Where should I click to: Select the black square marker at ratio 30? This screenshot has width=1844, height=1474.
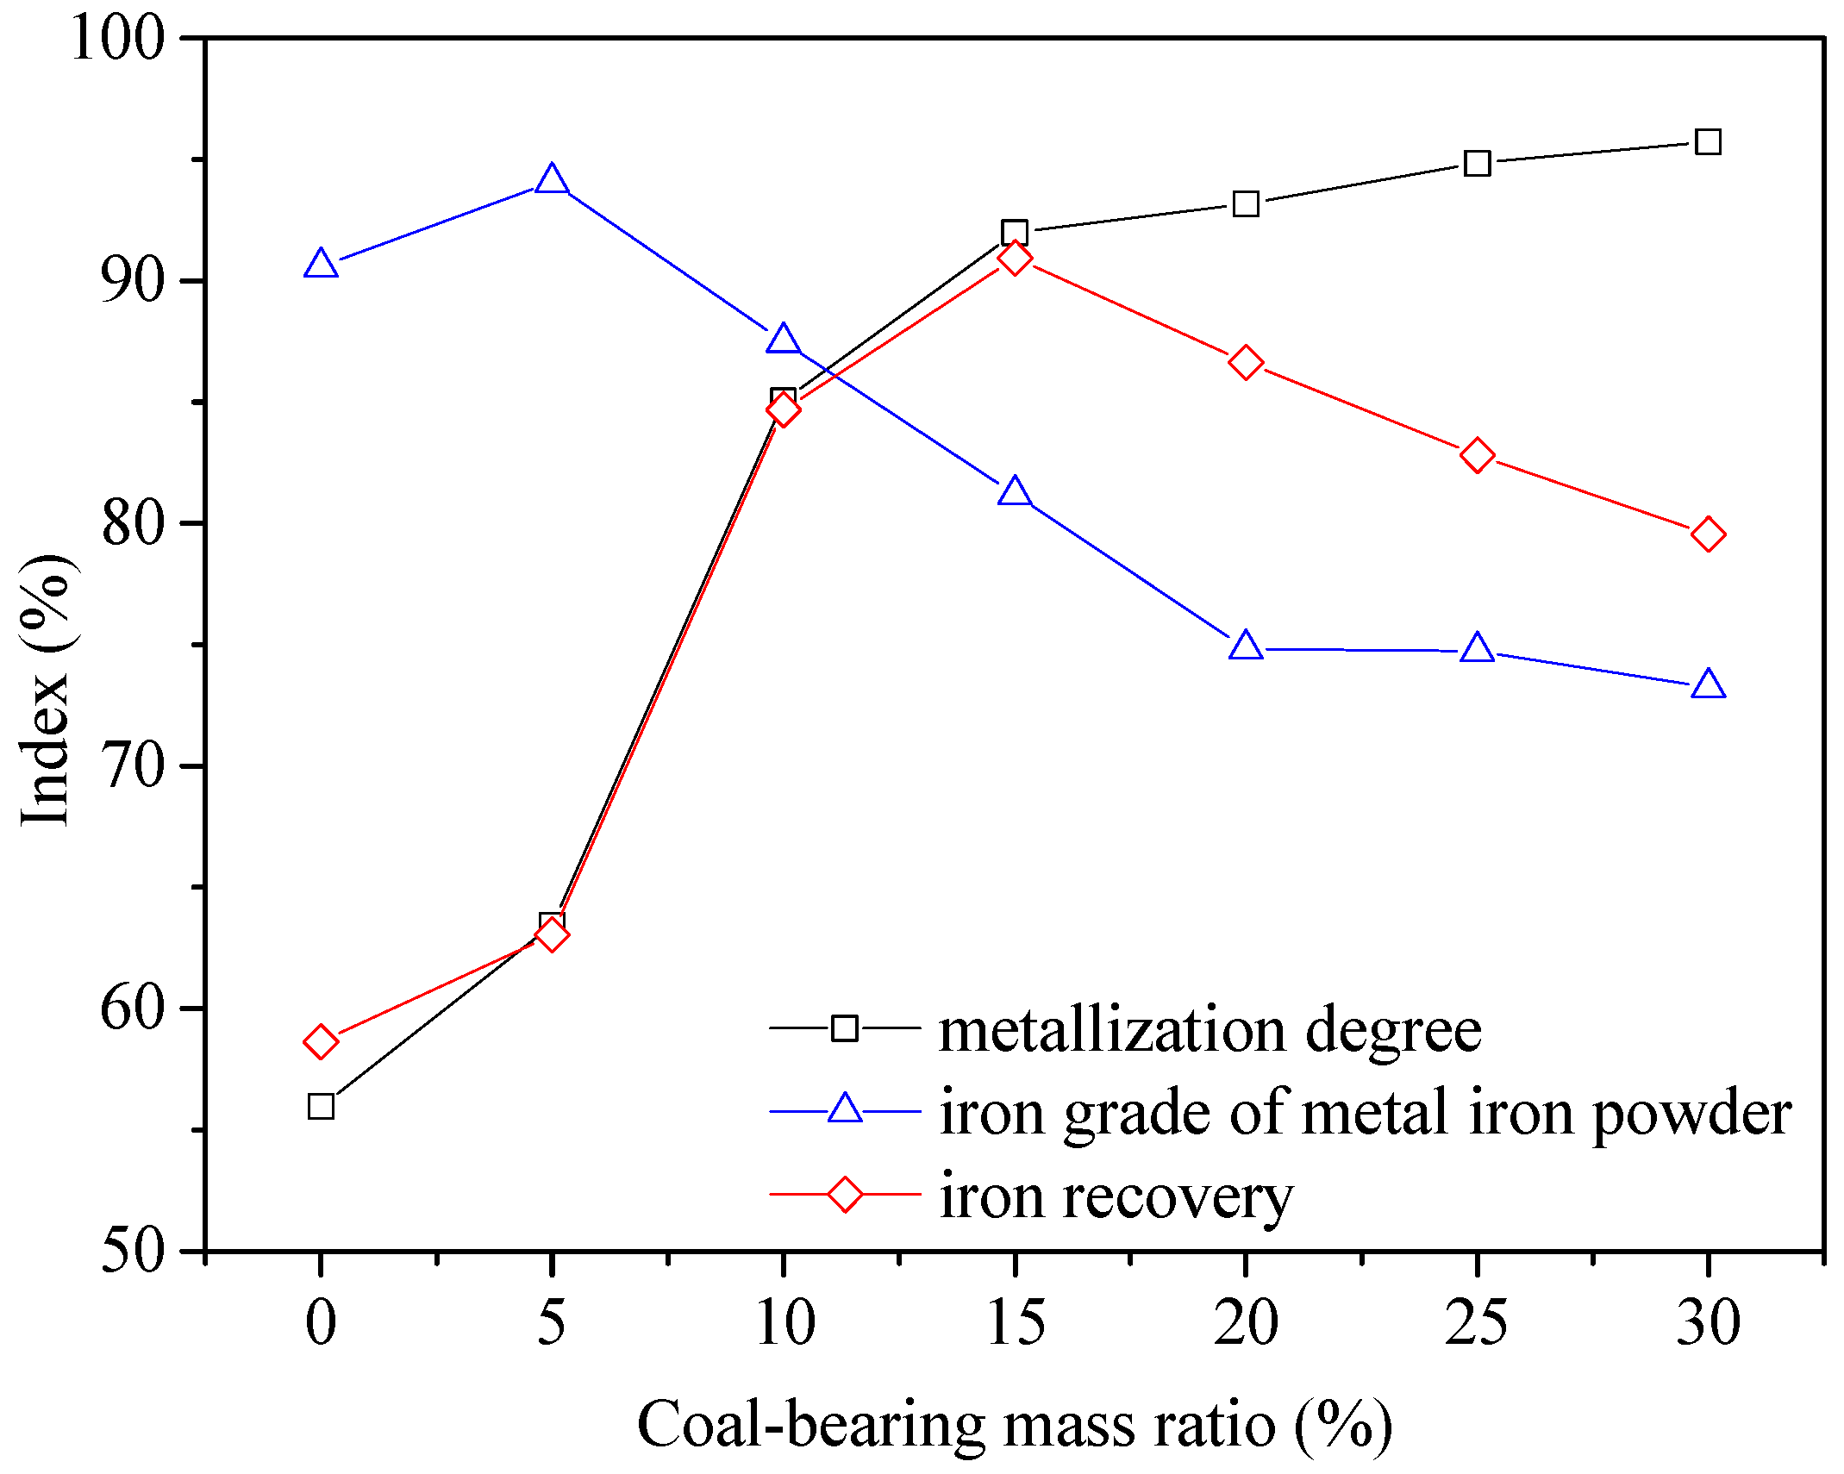[1708, 141]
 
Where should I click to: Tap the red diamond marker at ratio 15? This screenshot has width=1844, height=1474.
[1015, 258]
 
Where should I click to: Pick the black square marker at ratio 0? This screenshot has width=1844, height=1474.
[321, 1106]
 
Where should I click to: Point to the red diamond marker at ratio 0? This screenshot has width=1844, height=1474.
[321, 1041]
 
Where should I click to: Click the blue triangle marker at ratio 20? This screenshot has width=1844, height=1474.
[1246, 646]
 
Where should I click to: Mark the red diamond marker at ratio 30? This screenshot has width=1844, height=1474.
[1708, 534]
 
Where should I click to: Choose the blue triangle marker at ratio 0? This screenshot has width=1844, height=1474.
[321, 264]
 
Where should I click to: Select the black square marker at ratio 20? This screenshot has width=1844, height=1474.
[1246, 204]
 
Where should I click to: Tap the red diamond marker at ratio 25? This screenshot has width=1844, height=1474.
[1478, 455]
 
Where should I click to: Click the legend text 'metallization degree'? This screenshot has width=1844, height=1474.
[1210, 1029]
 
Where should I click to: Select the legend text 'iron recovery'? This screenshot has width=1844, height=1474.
[1116, 1196]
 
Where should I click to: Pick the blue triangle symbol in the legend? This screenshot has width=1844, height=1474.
[845, 1109]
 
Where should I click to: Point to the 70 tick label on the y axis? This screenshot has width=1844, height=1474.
[133, 765]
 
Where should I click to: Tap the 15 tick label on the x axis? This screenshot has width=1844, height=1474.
[1015, 1322]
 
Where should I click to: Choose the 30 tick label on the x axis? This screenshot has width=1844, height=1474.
[1708, 1322]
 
